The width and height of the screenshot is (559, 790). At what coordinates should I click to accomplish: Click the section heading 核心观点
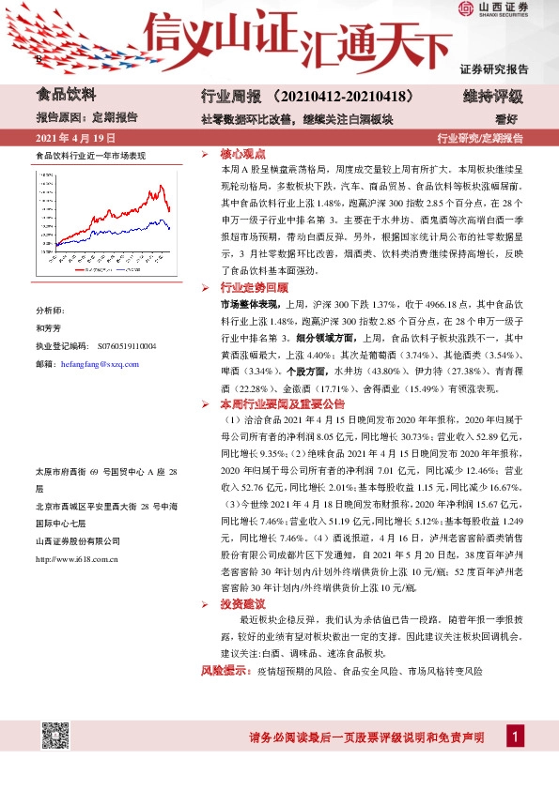[242, 153]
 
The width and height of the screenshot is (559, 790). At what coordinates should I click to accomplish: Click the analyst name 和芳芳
[48, 329]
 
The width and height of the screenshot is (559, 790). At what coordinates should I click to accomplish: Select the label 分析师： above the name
[50, 310]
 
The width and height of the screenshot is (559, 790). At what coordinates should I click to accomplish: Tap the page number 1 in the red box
[515, 737]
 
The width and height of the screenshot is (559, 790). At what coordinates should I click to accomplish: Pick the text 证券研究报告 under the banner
[494, 69]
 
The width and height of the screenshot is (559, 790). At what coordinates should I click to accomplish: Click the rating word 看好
[506, 119]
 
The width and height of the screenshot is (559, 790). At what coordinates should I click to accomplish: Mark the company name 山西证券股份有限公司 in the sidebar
[78, 540]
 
